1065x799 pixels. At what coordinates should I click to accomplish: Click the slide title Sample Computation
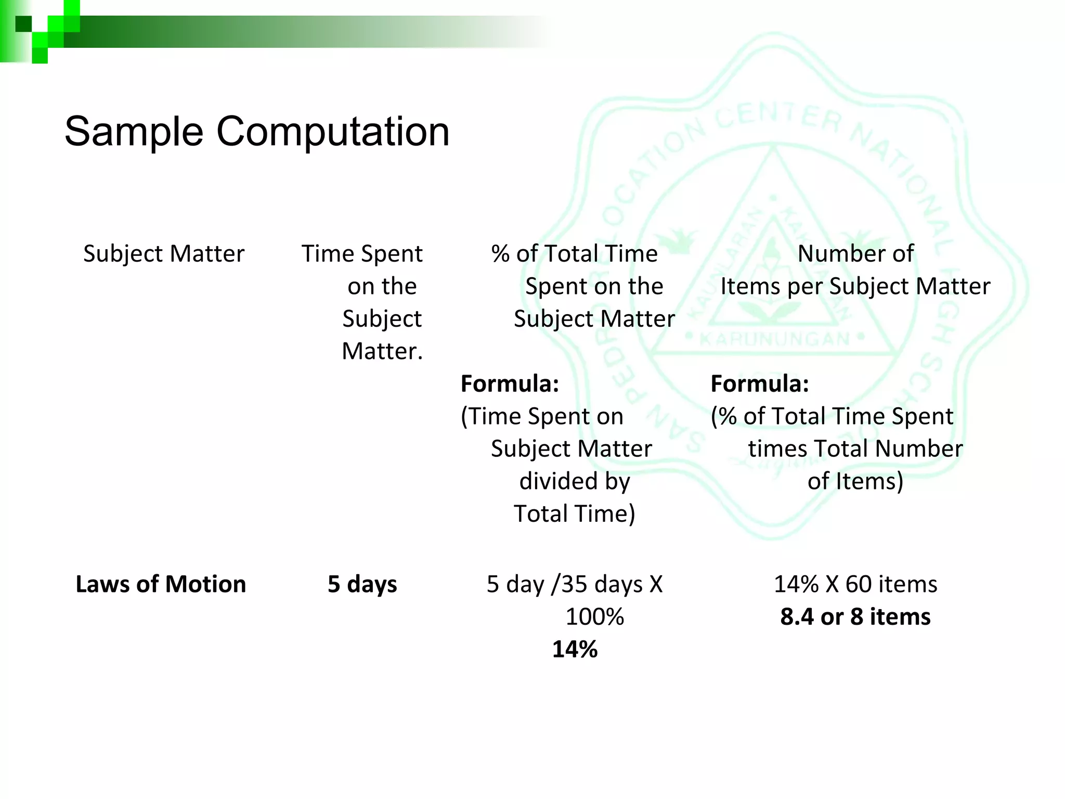pyautogui.click(x=257, y=132)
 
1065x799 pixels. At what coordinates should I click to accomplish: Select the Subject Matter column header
pyautogui.click(x=164, y=254)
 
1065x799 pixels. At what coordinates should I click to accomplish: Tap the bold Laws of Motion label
pyautogui.click(x=161, y=584)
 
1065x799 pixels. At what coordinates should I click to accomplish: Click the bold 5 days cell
pyautogui.click(x=362, y=584)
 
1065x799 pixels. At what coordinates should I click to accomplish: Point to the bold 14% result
pyautogui.click(x=575, y=649)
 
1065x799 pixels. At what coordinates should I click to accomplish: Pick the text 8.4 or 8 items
pyautogui.click(x=855, y=617)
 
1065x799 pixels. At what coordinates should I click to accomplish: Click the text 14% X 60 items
pyautogui.click(x=855, y=584)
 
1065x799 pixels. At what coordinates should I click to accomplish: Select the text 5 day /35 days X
pyautogui.click(x=575, y=584)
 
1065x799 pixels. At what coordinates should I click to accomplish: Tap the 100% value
pyautogui.click(x=594, y=617)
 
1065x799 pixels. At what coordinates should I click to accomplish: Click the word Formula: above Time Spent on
pyautogui.click(x=510, y=384)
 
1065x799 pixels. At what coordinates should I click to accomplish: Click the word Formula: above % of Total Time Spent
pyautogui.click(x=760, y=384)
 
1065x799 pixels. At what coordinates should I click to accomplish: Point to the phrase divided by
pyautogui.click(x=575, y=481)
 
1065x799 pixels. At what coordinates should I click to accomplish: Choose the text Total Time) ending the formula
pyautogui.click(x=575, y=514)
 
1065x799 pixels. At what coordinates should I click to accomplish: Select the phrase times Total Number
pyautogui.click(x=855, y=449)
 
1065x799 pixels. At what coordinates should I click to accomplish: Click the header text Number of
pyautogui.click(x=855, y=254)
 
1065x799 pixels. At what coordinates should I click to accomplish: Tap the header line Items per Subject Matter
pyautogui.click(x=855, y=287)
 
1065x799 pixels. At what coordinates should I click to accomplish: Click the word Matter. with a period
pyautogui.click(x=382, y=352)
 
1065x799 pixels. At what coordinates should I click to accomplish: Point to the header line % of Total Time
pyautogui.click(x=575, y=254)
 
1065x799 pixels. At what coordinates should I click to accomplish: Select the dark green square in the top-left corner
pyautogui.click(x=23, y=24)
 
